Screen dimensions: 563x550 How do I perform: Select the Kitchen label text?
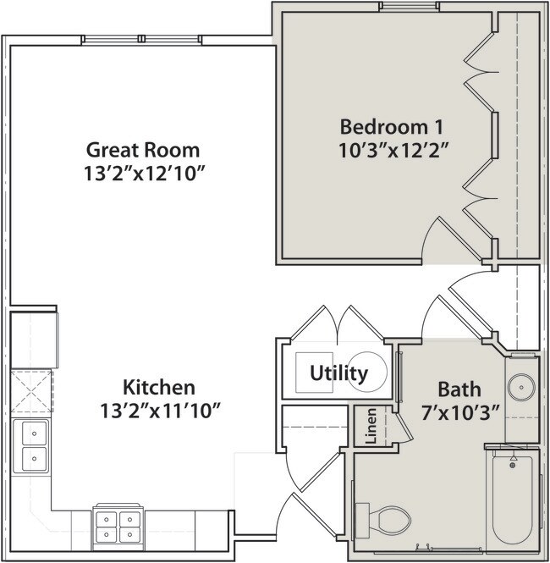pos(159,389)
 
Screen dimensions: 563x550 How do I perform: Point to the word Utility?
pos(338,373)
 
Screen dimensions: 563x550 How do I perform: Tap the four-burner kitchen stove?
pos(116,525)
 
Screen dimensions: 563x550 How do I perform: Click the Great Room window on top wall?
pos(141,40)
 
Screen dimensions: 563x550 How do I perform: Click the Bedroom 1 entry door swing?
pos(438,238)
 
